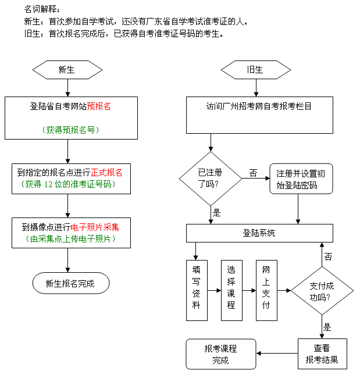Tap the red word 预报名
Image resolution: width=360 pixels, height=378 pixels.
click(99, 106)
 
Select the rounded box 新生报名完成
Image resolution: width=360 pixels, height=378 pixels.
click(70, 284)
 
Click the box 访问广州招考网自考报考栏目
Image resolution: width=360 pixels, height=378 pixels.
click(259, 106)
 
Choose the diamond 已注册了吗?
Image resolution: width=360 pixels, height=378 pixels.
click(211, 178)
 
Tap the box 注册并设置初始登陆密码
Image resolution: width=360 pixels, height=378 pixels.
click(301, 179)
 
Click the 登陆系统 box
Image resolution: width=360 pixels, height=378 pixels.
click(259, 233)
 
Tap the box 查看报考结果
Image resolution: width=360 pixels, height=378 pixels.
click(322, 354)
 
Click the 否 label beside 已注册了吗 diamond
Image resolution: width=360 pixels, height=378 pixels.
click(253, 173)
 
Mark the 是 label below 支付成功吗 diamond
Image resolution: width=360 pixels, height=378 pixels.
click(327, 327)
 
